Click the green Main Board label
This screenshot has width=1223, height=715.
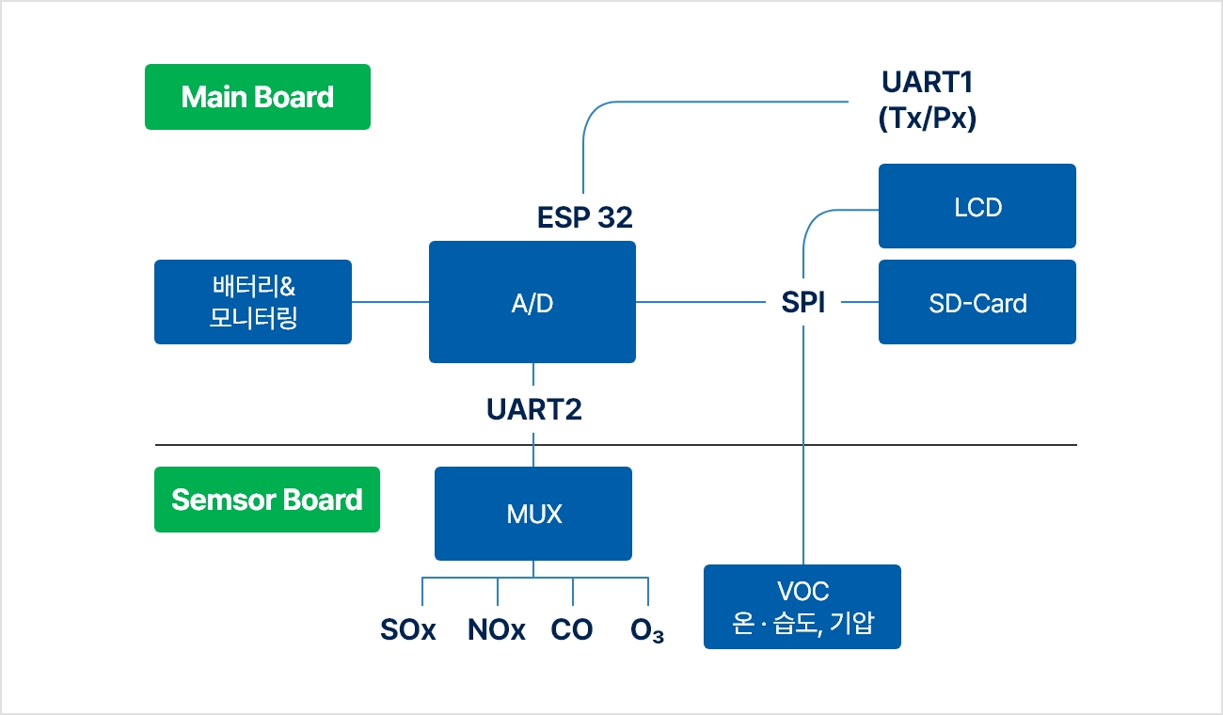coord(258,97)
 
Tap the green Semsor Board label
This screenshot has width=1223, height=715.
coord(267,500)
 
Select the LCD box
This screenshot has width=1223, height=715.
coord(977,206)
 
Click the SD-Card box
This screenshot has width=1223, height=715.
coord(977,302)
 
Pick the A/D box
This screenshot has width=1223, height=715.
coord(532,302)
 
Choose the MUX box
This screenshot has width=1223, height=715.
coord(533,514)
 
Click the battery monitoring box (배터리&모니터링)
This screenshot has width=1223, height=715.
coord(253,302)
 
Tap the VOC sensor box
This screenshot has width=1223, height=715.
coord(802,607)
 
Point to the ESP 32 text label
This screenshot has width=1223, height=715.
coord(585,217)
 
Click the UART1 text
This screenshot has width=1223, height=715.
coord(927,83)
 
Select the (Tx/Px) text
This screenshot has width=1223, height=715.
coord(927,118)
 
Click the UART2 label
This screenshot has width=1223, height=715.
coord(534,409)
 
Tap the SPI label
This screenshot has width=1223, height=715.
coord(803,302)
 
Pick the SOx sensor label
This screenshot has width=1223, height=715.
coord(408,629)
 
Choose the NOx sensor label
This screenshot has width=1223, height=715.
coord(497,629)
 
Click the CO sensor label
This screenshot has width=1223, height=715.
coord(572,629)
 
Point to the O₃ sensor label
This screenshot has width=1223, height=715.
coord(647,630)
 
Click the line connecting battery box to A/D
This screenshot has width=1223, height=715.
coord(390,302)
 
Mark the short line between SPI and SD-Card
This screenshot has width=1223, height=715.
coord(860,302)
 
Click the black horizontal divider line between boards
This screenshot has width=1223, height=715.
coord(616,445)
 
